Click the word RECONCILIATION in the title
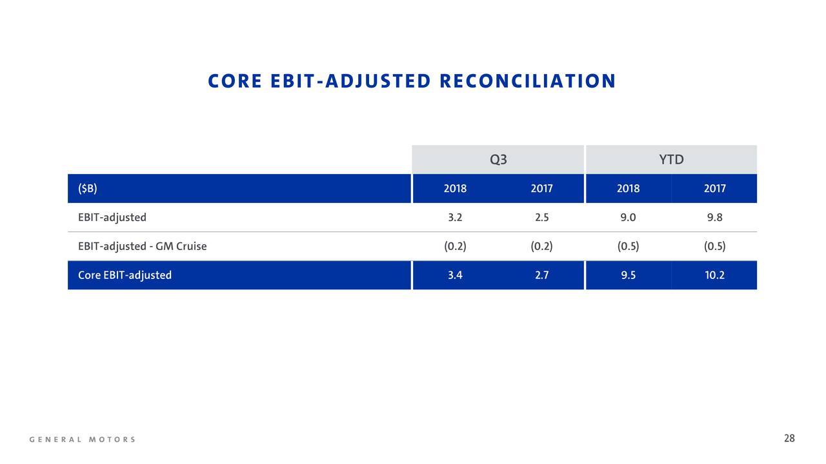[528, 81]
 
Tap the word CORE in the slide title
[235, 81]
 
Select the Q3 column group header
[498, 159]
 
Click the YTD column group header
[672, 159]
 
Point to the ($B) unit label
[87, 189]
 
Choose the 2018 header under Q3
[455, 189]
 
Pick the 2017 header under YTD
[714, 189]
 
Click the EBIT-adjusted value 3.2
[455, 217]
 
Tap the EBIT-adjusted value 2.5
[541, 217]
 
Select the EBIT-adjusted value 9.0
[628, 217]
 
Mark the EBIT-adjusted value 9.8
[714, 217]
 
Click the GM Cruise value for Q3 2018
[455, 246]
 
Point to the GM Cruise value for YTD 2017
[714, 246]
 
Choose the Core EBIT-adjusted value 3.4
[455, 275]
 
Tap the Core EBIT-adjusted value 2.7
[541, 275]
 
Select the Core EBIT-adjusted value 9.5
[628, 275]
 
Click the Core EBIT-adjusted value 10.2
[714, 275]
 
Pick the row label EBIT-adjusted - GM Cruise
[143, 246]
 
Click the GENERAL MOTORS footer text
[82, 440]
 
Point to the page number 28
[789, 438]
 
